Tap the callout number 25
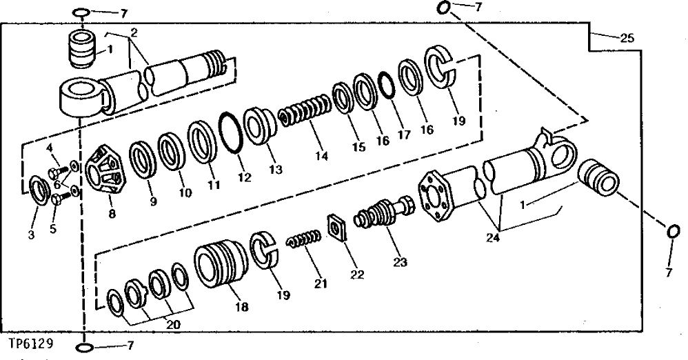coord(626,38)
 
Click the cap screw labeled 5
coord(57,199)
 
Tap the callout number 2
coord(134,32)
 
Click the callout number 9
coord(153,203)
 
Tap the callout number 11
coord(214,186)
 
